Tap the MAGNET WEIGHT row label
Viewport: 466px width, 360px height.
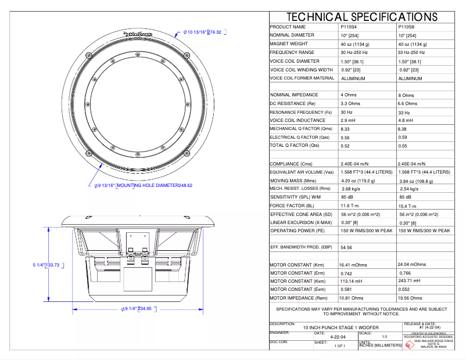click(289, 44)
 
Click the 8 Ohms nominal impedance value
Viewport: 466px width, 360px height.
click(406, 95)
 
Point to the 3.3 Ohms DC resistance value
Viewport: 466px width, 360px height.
click(350, 103)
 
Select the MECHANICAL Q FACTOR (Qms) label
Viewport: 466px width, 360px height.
click(300, 128)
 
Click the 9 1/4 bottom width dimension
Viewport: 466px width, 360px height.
click(138, 308)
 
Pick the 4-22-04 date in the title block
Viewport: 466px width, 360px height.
click(338, 337)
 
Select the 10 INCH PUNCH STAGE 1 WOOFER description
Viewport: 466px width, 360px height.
click(336, 328)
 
